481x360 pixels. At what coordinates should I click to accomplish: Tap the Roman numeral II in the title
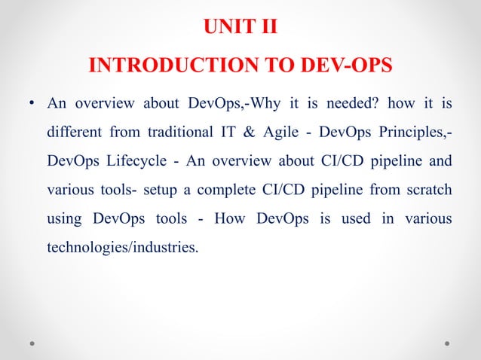(x=268, y=29)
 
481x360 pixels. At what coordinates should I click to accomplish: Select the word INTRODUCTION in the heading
(x=163, y=66)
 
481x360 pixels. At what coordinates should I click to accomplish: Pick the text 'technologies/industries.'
(x=124, y=247)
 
